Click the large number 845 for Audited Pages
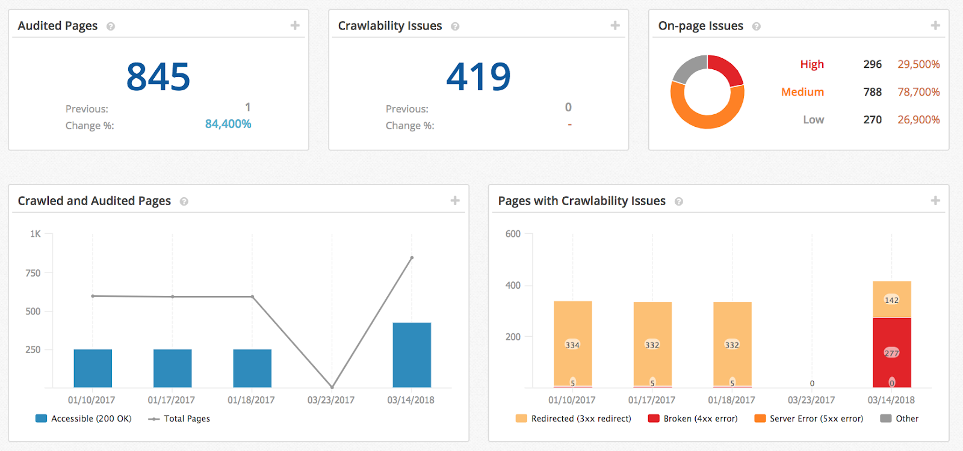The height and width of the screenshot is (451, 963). click(x=158, y=77)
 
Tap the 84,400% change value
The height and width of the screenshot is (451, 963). click(x=228, y=124)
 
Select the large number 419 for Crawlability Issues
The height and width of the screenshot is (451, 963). click(x=478, y=77)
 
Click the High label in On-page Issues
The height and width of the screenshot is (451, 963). click(x=812, y=64)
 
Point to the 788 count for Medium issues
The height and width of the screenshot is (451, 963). click(x=872, y=92)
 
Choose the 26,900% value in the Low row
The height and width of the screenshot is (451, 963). click(x=918, y=120)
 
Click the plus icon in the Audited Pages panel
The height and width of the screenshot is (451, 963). click(x=295, y=25)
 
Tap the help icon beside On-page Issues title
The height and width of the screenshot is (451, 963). click(x=757, y=26)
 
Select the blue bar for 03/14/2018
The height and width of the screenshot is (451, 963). click(x=412, y=355)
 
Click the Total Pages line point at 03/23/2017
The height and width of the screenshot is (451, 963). click(x=332, y=387)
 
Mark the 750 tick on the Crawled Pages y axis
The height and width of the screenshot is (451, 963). click(x=33, y=273)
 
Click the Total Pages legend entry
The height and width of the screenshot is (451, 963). click(x=179, y=419)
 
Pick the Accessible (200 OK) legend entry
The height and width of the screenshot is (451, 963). click(x=84, y=419)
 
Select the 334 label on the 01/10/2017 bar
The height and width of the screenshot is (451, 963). click(x=572, y=345)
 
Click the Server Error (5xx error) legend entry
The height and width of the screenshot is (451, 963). click(x=809, y=419)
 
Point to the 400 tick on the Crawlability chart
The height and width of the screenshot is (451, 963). click(x=513, y=286)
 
